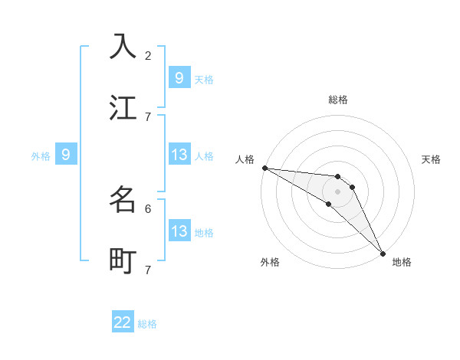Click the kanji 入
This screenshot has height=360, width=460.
123,46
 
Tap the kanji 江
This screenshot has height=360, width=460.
123,108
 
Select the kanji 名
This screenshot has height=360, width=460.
123,199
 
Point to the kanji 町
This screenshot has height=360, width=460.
123,261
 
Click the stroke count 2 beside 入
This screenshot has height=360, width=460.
148,55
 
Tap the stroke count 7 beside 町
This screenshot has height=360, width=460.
148,270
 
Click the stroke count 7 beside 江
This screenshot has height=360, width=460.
148,116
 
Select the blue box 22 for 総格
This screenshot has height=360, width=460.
123,323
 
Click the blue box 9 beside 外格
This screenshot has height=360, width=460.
66,155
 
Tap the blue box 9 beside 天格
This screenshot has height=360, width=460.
179,77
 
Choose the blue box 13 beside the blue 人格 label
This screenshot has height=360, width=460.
179,155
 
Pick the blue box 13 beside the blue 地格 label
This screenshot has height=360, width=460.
179,231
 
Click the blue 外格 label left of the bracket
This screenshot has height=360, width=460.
41,156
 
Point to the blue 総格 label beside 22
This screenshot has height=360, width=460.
147,324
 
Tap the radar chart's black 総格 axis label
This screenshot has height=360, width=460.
338,100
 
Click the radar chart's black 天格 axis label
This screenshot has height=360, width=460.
432,159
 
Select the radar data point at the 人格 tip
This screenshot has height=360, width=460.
264,168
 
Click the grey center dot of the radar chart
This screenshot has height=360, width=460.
337,191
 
